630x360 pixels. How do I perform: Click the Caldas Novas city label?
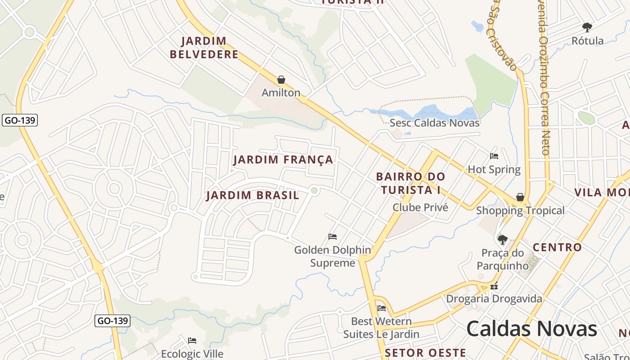click(531, 328)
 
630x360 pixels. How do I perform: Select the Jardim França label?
click(283, 160)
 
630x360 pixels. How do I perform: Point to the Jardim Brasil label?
click(252, 195)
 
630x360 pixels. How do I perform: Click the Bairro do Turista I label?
click(410, 183)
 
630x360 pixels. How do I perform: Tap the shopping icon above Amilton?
click(281, 80)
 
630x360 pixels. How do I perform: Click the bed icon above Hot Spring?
click(494, 156)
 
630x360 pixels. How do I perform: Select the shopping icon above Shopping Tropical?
click(520, 197)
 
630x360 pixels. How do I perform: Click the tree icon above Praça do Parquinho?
click(503, 239)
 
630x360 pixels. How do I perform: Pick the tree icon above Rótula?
click(587, 27)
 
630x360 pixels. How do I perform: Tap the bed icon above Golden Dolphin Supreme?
click(333, 236)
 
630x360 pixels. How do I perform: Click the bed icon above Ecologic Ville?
click(192, 340)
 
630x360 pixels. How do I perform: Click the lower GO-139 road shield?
click(113, 321)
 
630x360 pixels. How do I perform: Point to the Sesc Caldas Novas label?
click(435, 123)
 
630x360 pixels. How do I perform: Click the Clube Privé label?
click(420, 207)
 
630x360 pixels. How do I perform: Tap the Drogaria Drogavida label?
click(494, 299)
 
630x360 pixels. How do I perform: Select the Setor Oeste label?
click(425, 352)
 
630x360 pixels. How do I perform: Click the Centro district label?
click(557, 247)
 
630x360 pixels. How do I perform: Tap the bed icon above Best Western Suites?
click(382, 308)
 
